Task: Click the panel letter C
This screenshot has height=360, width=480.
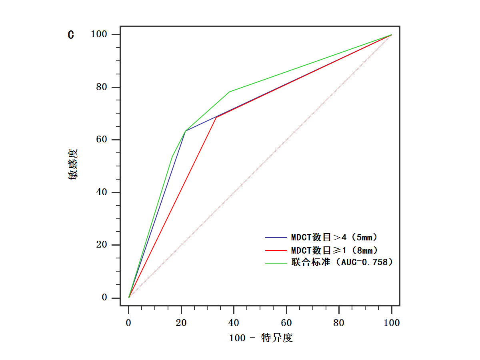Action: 71,35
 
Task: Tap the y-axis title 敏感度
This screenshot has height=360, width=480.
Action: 73,164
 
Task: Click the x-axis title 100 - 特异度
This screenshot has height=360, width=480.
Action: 261,338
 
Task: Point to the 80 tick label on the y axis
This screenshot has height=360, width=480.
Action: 102,87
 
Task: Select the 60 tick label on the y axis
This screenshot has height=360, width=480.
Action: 102,140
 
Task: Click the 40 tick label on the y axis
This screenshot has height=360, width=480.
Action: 102,192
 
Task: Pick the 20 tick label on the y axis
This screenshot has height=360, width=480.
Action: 102,245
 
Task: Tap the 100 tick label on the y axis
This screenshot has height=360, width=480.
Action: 99,35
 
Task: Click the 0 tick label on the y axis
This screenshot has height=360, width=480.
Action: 104,298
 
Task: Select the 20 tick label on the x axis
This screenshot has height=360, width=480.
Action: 181,323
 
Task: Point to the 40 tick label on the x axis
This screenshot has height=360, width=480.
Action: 234,323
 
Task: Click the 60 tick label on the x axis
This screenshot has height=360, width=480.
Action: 286,323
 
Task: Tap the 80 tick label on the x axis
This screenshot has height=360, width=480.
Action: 339,323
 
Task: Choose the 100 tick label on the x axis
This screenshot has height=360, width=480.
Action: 392,323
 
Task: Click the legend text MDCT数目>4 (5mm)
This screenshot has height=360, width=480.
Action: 334,237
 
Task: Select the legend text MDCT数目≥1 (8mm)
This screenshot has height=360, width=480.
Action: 334,250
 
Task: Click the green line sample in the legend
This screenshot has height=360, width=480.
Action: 276,263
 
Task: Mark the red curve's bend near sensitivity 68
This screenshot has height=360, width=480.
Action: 216,117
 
